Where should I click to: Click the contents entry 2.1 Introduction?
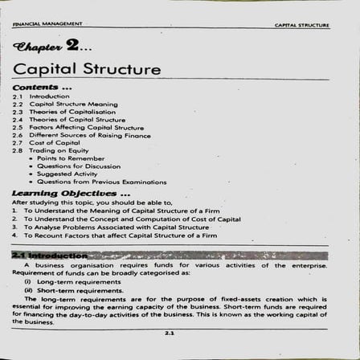pos(40,96)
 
